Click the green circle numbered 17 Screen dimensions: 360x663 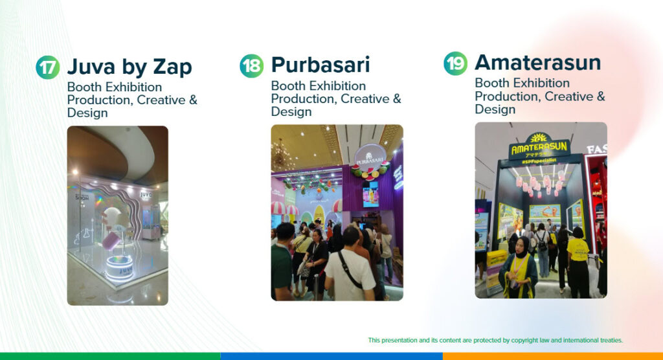[x=47, y=67]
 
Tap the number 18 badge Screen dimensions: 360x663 [x=251, y=66]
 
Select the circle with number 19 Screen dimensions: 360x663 [x=455, y=63]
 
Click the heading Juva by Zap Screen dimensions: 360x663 [x=129, y=67]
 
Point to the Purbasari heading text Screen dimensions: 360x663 [x=320, y=65]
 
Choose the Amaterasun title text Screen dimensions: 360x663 [x=537, y=63]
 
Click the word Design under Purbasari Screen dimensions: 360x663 [x=291, y=112]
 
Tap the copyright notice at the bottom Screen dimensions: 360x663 [x=495, y=340]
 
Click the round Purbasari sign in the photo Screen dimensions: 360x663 [x=370, y=156]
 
